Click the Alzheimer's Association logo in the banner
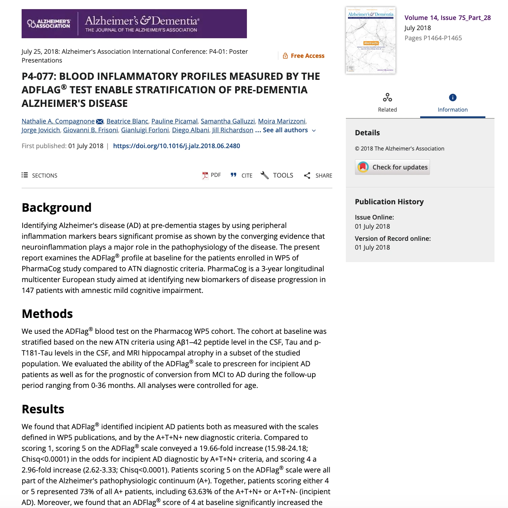click(x=49, y=24)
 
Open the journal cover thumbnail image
click(x=371, y=40)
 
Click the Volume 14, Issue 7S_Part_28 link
click(x=447, y=18)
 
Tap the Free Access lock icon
click(x=285, y=56)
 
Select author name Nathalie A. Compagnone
click(x=58, y=121)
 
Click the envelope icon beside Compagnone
click(x=100, y=121)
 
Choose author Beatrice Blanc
click(x=127, y=121)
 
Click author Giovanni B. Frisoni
click(x=91, y=130)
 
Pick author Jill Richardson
click(x=232, y=130)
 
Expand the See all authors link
click(x=285, y=130)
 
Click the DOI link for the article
click(x=176, y=146)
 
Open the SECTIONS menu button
click(x=40, y=175)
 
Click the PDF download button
click(x=211, y=175)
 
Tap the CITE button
click(x=242, y=175)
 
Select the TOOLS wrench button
click(x=277, y=175)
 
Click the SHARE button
click(x=318, y=175)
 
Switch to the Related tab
click(x=387, y=103)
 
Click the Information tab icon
click(x=453, y=98)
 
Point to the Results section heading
click(x=43, y=409)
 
